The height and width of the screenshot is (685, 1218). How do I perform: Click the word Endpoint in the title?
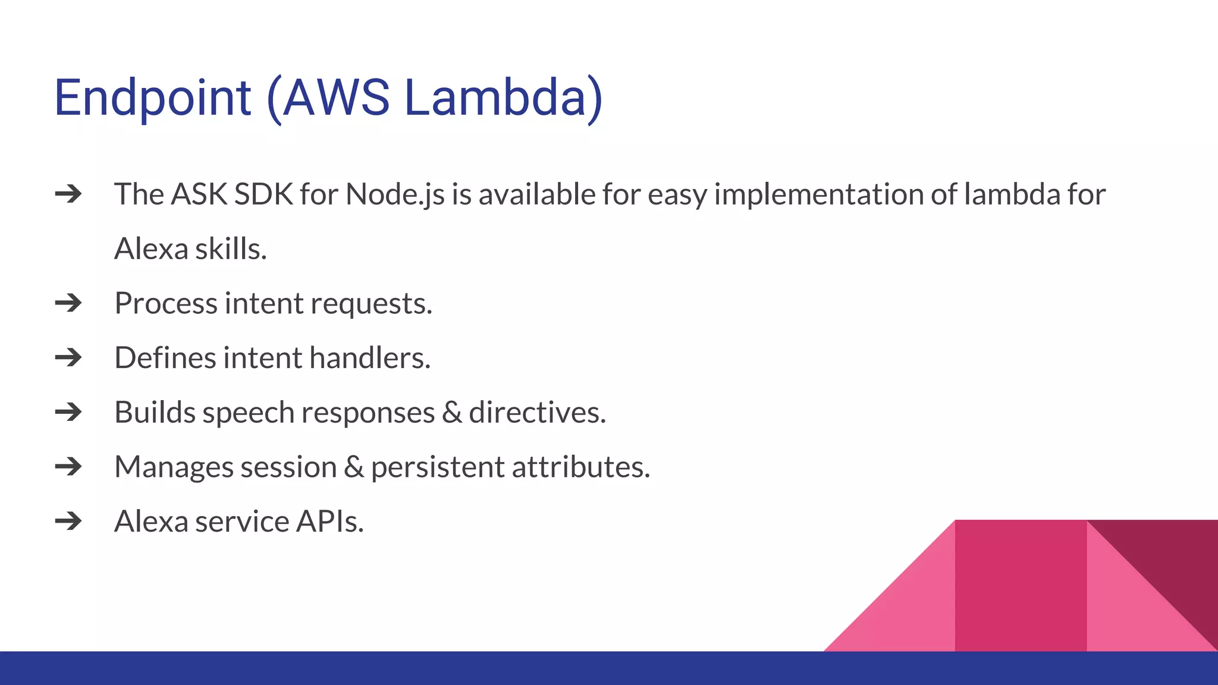pyautogui.click(x=152, y=98)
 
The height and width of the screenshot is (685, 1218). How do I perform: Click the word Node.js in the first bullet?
pyautogui.click(x=395, y=195)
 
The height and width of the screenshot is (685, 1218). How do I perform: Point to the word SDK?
pyautogui.click(x=263, y=194)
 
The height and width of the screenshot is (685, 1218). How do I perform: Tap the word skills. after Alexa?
pyautogui.click(x=231, y=249)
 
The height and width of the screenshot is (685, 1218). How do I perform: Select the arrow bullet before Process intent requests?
pyautogui.click(x=68, y=303)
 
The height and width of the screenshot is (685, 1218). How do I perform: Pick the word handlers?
pyautogui.click(x=369, y=358)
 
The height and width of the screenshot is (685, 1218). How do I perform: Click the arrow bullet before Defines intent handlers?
pyautogui.click(x=68, y=358)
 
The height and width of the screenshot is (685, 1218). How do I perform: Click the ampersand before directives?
pyautogui.click(x=452, y=413)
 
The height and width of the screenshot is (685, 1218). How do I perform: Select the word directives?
pyautogui.click(x=537, y=413)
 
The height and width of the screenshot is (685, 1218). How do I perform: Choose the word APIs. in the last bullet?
pyautogui.click(x=329, y=521)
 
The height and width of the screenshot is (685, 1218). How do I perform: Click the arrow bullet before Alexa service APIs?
pyautogui.click(x=68, y=521)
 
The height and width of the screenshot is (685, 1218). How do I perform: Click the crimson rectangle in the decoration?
pyautogui.click(x=1020, y=586)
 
